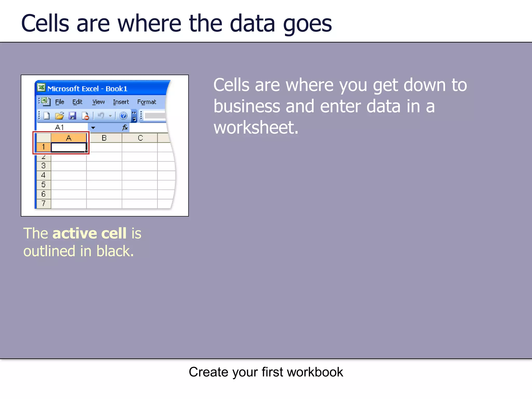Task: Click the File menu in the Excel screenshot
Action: point(59,102)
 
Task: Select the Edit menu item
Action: point(77,102)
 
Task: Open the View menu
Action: point(98,102)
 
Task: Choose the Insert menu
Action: point(121,102)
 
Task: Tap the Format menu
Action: point(147,102)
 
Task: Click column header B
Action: point(104,138)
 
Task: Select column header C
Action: point(140,138)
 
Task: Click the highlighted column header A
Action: point(69,138)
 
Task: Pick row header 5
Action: point(43,185)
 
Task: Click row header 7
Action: point(43,203)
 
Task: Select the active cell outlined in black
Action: point(69,147)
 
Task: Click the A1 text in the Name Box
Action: point(59,127)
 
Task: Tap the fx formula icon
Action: point(125,127)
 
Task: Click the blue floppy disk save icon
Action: point(72,116)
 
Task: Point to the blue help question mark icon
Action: point(123,116)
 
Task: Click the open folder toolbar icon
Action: point(59,116)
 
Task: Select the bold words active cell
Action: point(89,233)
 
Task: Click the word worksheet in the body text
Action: point(256,128)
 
